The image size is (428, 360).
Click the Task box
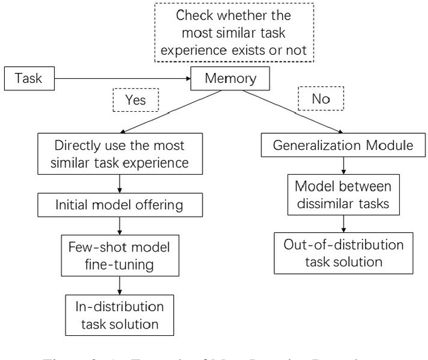tap(28, 78)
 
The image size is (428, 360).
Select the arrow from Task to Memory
tap(120, 78)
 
